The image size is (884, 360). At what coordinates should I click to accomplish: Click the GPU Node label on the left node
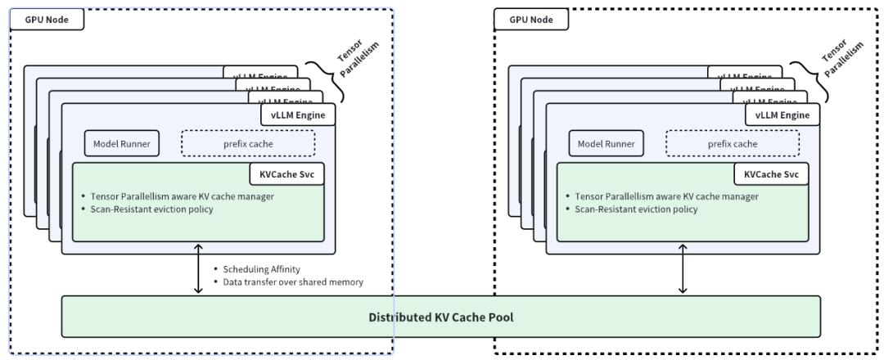[47, 20]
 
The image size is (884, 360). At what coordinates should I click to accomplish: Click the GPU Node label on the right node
[531, 20]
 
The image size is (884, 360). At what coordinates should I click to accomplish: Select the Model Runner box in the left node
[123, 144]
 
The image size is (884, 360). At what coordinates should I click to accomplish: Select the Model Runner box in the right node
[607, 144]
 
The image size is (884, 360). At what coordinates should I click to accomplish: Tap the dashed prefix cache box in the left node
[248, 144]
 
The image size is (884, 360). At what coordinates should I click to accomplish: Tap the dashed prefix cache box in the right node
[733, 144]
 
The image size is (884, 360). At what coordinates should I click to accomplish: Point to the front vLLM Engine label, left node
[298, 115]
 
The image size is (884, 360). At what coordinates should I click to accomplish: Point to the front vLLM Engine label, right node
[783, 115]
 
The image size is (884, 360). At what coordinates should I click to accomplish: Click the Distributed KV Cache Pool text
[440, 317]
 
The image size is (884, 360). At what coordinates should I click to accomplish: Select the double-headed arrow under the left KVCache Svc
[197, 268]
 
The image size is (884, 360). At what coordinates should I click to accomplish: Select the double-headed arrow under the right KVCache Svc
[683, 268]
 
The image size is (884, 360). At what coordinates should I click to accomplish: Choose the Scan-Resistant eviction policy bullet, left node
[147, 209]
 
